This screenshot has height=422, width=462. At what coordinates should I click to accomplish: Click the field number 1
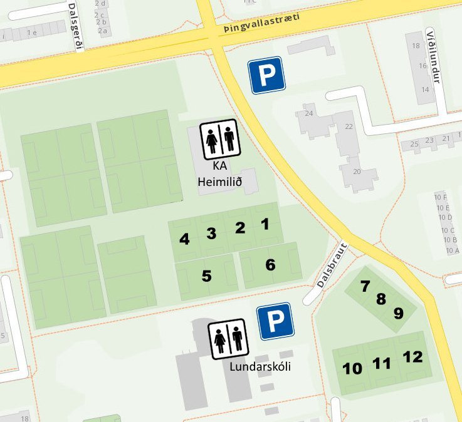pyautogui.click(x=265, y=224)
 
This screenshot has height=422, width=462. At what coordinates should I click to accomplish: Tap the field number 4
pyautogui.click(x=184, y=239)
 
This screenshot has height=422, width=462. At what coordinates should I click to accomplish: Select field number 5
pyautogui.click(x=206, y=275)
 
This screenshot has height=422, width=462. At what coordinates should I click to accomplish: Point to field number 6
pyautogui.click(x=270, y=265)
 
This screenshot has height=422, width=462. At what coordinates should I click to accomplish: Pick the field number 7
pyautogui.click(x=365, y=286)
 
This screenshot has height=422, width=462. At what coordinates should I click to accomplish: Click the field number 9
pyautogui.click(x=398, y=312)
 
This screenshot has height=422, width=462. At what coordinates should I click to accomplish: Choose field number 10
pyautogui.click(x=352, y=368)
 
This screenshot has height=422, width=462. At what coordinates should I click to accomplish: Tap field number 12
pyautogui.click(x=412, y=357)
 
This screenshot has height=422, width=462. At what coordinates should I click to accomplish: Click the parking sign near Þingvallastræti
pyautogui.click(x=266, y=75)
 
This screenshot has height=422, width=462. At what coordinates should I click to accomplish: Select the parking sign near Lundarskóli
pyautogui.click(x=275, y=322)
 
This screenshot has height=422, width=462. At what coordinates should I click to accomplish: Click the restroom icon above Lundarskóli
pyautogui.click(x=229, y=339)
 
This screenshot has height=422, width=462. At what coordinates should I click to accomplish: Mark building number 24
pyautogui.click(x=308, y=114)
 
